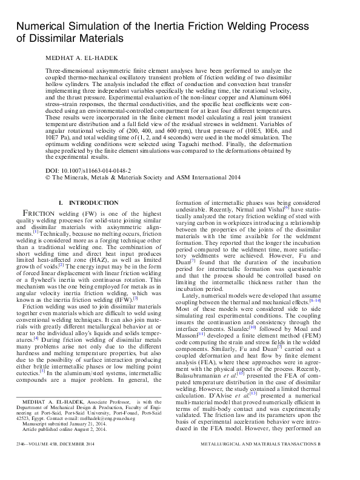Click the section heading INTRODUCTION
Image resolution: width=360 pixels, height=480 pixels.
click(94, 202)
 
